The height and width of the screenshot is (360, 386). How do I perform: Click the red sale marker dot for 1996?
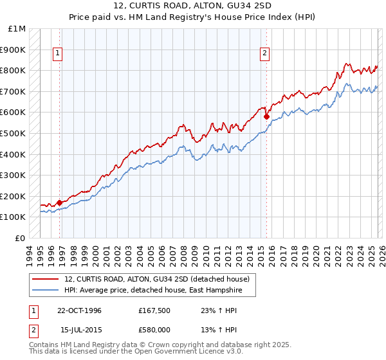pyautogui.click(x=60, y=203)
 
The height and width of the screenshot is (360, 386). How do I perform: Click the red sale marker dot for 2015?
pyautogui.click(x=266, y=116)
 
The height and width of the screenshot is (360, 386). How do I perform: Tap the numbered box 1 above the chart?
pyautogui.click(x=58, y=54)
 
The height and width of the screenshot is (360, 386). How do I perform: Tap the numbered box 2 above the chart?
pyautogui.click(x=264, y=54)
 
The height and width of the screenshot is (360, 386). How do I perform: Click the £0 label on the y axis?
pyautogui.click(x=21, y=238)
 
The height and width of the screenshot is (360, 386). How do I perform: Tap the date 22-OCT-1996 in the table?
pyautogui.click(x=79, y=310)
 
